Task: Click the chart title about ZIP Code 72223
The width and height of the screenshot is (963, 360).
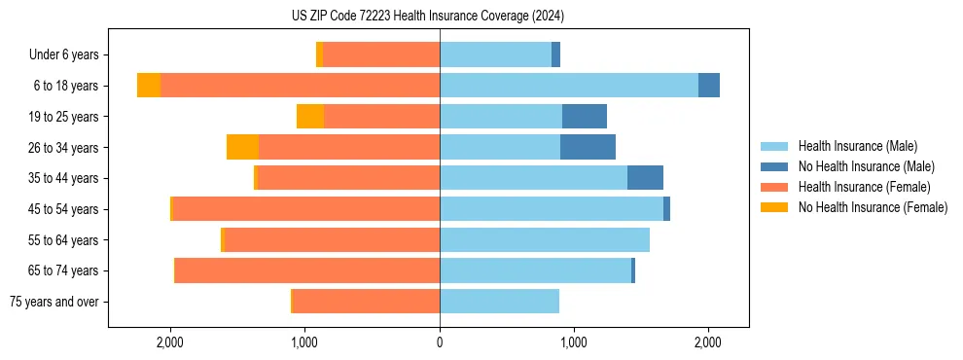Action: click(441, 17)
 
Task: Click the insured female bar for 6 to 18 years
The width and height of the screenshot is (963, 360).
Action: click(300, 86)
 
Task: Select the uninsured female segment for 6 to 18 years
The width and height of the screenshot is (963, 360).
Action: click(149, 86)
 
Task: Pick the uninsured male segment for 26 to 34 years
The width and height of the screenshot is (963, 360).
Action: click(588, 147)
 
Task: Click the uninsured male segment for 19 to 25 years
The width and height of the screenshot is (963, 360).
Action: click(585, 117)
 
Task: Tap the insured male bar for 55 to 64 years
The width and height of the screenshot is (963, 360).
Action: click(545, 239)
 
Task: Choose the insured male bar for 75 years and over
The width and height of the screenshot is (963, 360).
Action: click(499, 302)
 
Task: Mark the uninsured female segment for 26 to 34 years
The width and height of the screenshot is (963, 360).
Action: click(242, 147)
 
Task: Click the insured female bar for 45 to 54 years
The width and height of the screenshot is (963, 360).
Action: click(305, 209)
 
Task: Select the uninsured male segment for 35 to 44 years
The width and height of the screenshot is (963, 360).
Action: click(645, 178)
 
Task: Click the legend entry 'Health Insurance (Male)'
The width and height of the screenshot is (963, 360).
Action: click(857, 147)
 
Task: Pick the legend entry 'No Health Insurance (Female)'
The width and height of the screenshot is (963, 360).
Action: click(873, 207)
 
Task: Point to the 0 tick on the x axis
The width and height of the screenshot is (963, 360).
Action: click(440, 342)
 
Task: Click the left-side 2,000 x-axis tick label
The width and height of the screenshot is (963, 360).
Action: click(170, 342)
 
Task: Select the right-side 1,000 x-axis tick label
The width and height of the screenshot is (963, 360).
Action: click(573, 342)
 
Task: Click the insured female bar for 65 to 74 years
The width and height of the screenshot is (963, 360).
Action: click(307, 270)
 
